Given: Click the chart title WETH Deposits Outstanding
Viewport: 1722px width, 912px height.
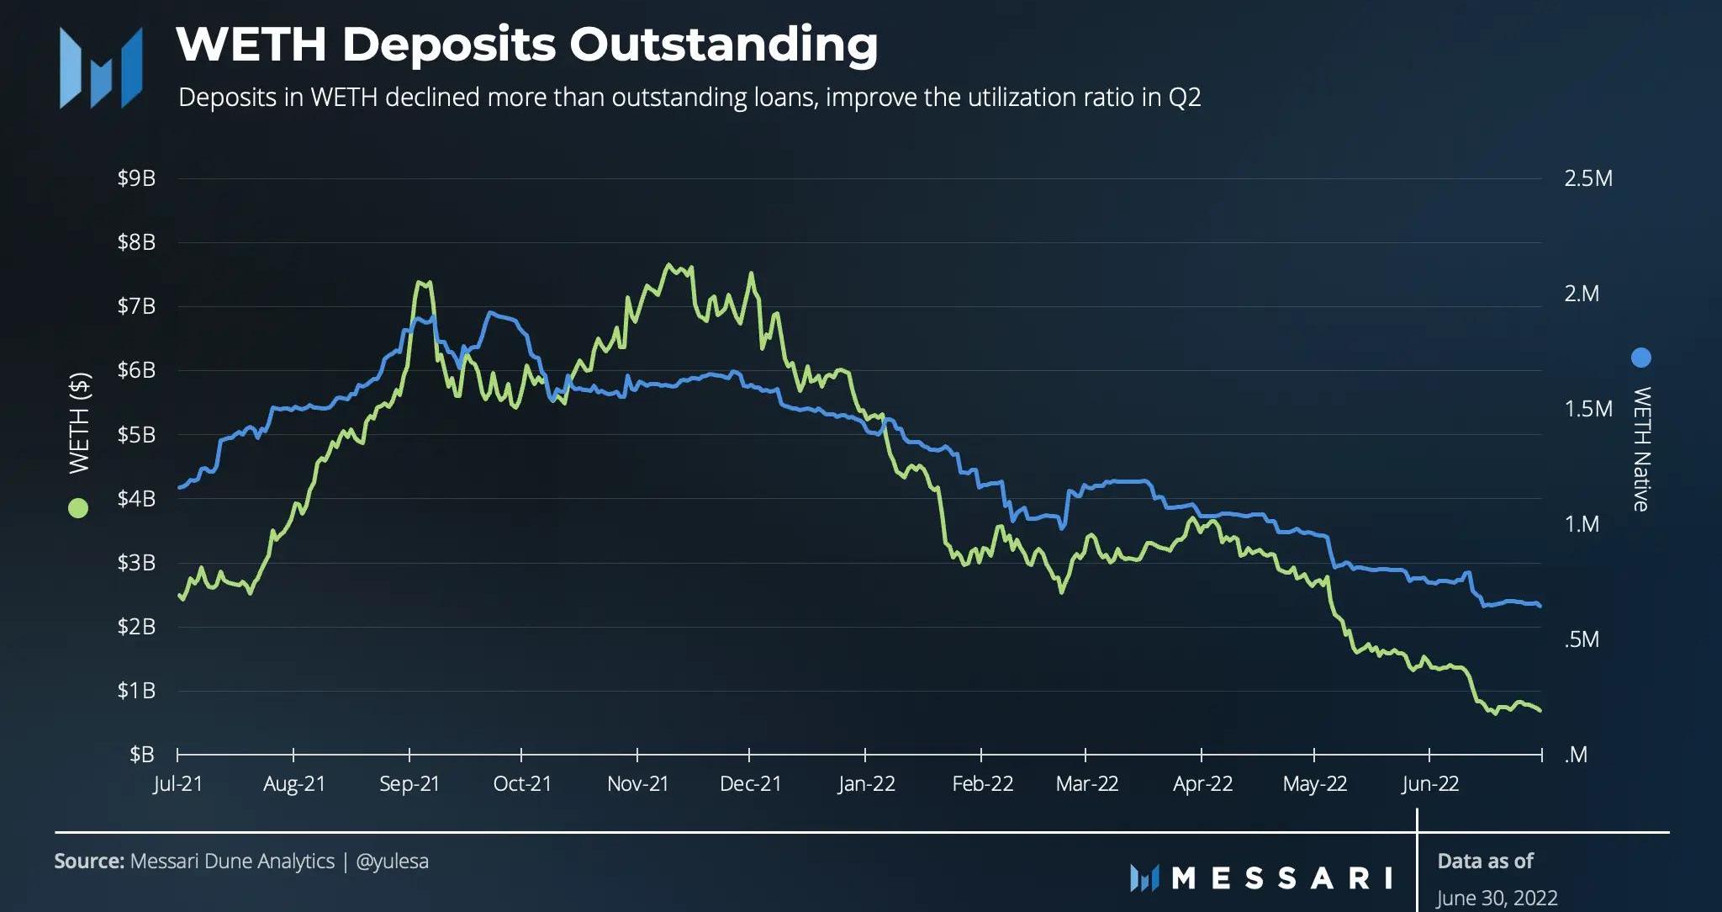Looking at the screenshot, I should click(526, 45).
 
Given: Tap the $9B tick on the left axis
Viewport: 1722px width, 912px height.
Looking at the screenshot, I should click(136, 178).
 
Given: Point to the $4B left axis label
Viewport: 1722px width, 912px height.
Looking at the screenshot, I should click(136, 499).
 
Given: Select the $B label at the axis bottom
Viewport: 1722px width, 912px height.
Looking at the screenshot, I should click(141, 755).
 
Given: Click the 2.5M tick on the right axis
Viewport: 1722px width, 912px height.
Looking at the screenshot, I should click(1587, 178).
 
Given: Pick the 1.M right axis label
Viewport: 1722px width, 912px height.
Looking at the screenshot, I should click(1582, 524).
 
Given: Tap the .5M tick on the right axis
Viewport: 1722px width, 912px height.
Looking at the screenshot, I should click(1582, 639).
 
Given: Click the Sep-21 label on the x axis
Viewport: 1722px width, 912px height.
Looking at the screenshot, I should click(409, 784).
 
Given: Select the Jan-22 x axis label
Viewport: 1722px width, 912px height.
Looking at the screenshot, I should click(866, 784).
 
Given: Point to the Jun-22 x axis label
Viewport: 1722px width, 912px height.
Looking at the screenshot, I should click(1429, 784).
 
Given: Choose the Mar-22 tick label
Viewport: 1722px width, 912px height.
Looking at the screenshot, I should click(1086, 784).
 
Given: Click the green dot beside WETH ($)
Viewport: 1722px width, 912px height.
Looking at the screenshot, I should click(78, 508).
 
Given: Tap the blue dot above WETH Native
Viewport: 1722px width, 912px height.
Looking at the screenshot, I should click(1640, 358).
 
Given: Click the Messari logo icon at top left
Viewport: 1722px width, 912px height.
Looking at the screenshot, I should click(101, 67).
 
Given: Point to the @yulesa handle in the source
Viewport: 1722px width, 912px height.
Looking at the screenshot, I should click(392, 862).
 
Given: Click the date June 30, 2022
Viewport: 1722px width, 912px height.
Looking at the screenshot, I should click(1496, 898).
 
